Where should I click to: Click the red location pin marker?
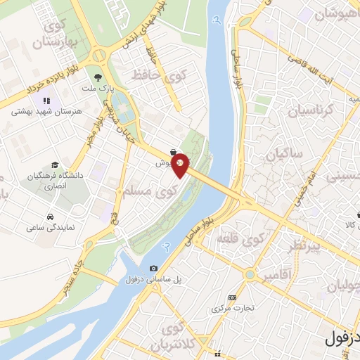tap(181, 165)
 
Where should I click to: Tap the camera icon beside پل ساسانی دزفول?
tap(153, 268)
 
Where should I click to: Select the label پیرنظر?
tap(304, 247)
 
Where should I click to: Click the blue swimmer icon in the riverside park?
tap(167, 246)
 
